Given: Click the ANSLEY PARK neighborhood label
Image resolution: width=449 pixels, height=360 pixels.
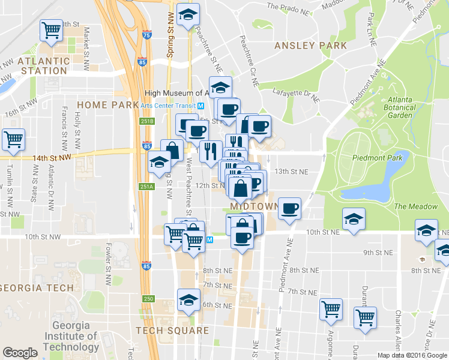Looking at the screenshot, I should [310, 46].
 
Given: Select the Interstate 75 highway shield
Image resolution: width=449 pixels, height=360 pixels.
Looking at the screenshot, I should [147, 36].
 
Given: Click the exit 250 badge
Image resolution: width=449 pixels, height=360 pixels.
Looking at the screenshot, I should [148, 299].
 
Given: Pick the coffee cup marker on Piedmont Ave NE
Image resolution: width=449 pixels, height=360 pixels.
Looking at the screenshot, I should [290, 208].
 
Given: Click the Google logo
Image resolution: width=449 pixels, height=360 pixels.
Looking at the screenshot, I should [20, 353].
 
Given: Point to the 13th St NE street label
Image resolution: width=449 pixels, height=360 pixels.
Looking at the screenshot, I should [291, 172].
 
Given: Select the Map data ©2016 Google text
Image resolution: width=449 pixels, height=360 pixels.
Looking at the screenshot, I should [412, 355].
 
